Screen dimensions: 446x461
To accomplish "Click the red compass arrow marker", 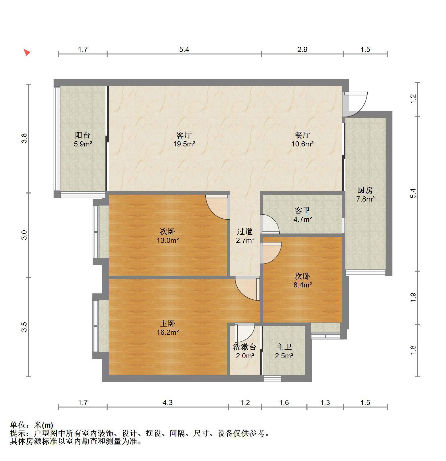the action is [27, 53].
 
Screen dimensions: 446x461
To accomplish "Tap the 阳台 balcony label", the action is [83, 135].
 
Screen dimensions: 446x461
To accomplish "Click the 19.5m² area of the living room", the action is [184, 144].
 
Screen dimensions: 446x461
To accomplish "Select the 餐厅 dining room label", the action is [302, 135].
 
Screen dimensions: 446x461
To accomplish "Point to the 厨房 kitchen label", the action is [365, 190].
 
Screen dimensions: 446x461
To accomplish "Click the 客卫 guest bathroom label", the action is [302, 211].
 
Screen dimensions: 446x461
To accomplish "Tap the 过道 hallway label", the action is [245, 231].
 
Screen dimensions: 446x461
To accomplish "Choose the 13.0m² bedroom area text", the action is [168, 240].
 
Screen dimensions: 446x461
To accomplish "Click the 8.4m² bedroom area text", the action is [302, 285].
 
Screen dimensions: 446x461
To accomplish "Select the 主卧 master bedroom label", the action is [168, 323].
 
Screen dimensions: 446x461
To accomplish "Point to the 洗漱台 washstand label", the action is [245, 347].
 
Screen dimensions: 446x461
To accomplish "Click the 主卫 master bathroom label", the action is [284, 347].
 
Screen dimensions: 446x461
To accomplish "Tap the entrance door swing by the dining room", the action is [355, 104].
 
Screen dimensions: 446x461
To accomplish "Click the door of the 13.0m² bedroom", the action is [218, 207].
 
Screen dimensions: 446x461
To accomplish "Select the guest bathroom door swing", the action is [270, 224].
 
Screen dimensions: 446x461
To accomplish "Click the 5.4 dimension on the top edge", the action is [184, 50].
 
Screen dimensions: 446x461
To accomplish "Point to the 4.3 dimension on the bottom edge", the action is [168, 402].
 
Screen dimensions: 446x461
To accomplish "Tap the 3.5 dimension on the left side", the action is [25, 327].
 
